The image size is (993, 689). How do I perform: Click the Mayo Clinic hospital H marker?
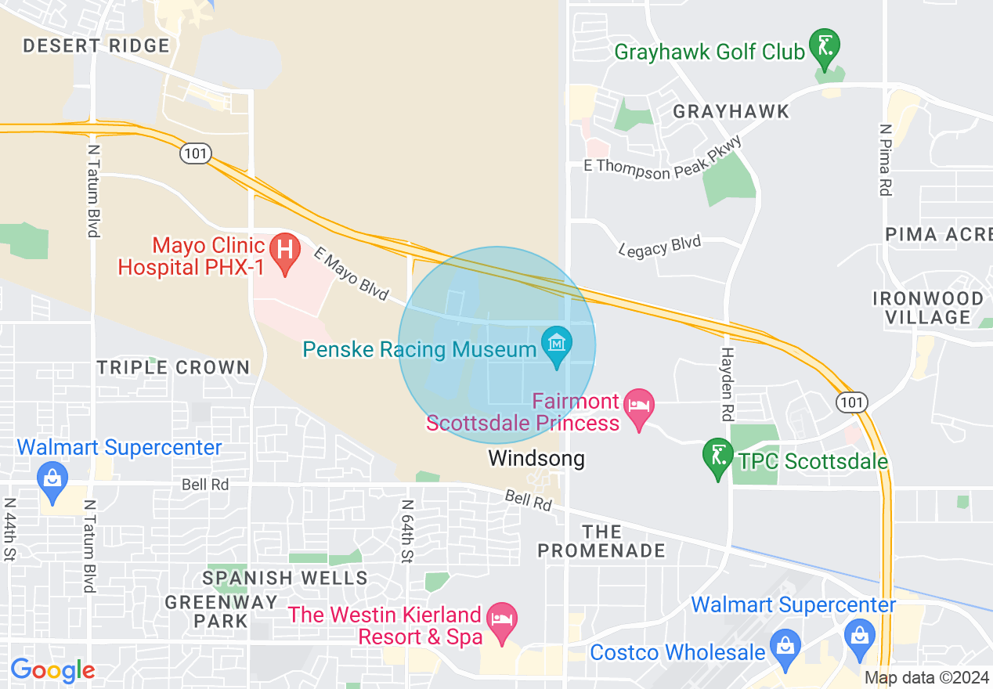(285, 251)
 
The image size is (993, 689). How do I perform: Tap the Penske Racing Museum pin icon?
(557, 344)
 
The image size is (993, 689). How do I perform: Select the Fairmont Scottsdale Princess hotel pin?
(639, 406)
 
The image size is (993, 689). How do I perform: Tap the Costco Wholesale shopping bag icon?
(784, 647)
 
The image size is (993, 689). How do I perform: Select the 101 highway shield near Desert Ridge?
(195, 153)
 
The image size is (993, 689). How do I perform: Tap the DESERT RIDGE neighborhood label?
(96, 45)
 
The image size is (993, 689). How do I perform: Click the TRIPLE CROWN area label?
(173, 367)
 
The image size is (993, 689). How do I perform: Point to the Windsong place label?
(536, 458)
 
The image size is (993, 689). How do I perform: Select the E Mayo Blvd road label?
(352, 273)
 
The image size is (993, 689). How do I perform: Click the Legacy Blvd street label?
(659, 247)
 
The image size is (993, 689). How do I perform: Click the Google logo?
(52, 670)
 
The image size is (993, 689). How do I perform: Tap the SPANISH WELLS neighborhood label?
(285, 578)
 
